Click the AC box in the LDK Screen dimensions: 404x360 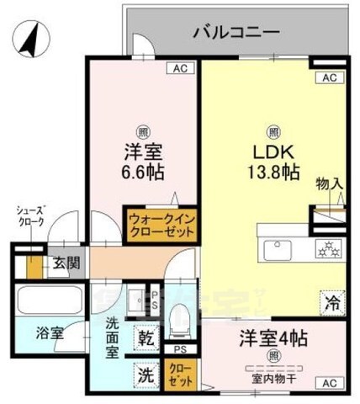[328, 78]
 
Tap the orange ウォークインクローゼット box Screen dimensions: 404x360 [160, 225]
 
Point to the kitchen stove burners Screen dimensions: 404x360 [326, 247]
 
